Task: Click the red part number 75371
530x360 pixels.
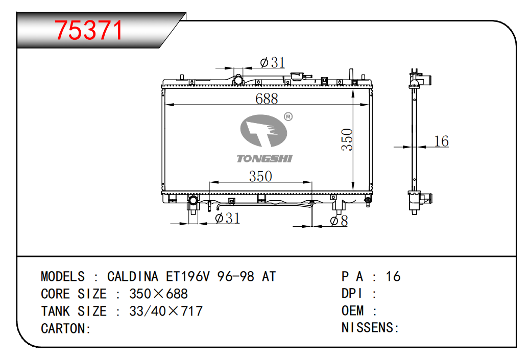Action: point(88,31)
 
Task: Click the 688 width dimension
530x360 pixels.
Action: point(267,99)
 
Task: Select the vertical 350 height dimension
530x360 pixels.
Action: point(347,139)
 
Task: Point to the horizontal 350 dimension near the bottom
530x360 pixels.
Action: point(260,176)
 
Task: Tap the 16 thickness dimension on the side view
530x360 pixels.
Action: point(441,141)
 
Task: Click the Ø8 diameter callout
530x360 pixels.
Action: point(339,221)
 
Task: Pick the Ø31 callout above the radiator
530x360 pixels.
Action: point(273,62)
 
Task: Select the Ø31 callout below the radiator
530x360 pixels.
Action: point(228,218)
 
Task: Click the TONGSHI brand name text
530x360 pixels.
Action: point(264,158)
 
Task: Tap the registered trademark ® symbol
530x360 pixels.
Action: point(288,116)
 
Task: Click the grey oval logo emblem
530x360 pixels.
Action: point(263,131)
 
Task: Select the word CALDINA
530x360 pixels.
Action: point(133,276)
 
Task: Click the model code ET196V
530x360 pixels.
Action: point(187,276)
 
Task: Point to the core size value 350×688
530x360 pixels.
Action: point(158,294)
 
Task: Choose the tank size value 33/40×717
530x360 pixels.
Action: point(166,311)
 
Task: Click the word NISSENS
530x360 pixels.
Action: point(368,327)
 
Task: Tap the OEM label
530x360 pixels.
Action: point(352,310)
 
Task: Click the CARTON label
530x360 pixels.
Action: point(63,328)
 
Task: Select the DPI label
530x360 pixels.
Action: point(352,294)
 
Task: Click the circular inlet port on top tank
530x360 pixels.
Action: point(238,81)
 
